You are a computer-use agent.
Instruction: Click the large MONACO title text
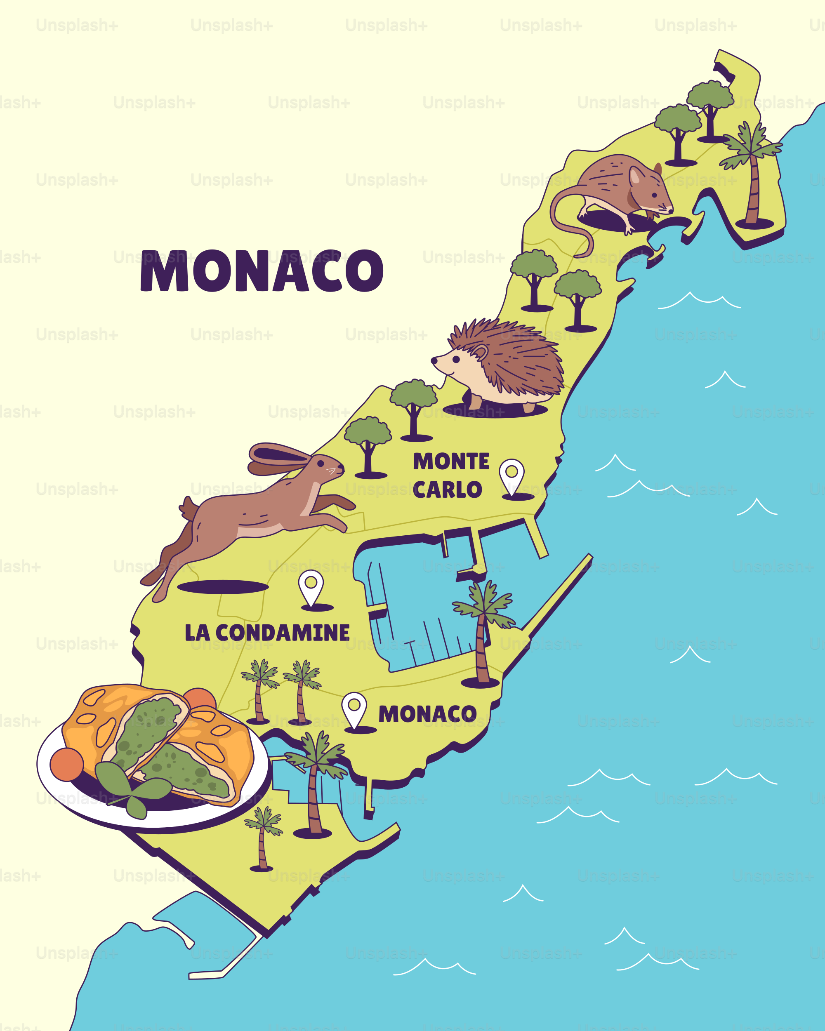point(262,271)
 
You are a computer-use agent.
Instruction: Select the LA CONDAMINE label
point(267,633)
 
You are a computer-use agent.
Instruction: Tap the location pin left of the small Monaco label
point(354,708)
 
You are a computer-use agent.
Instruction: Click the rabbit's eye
point(321,463)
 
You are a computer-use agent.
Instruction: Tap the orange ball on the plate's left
point(66,764)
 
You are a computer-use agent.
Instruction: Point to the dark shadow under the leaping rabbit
point(223,587)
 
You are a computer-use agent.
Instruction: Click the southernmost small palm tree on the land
point(262,837)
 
